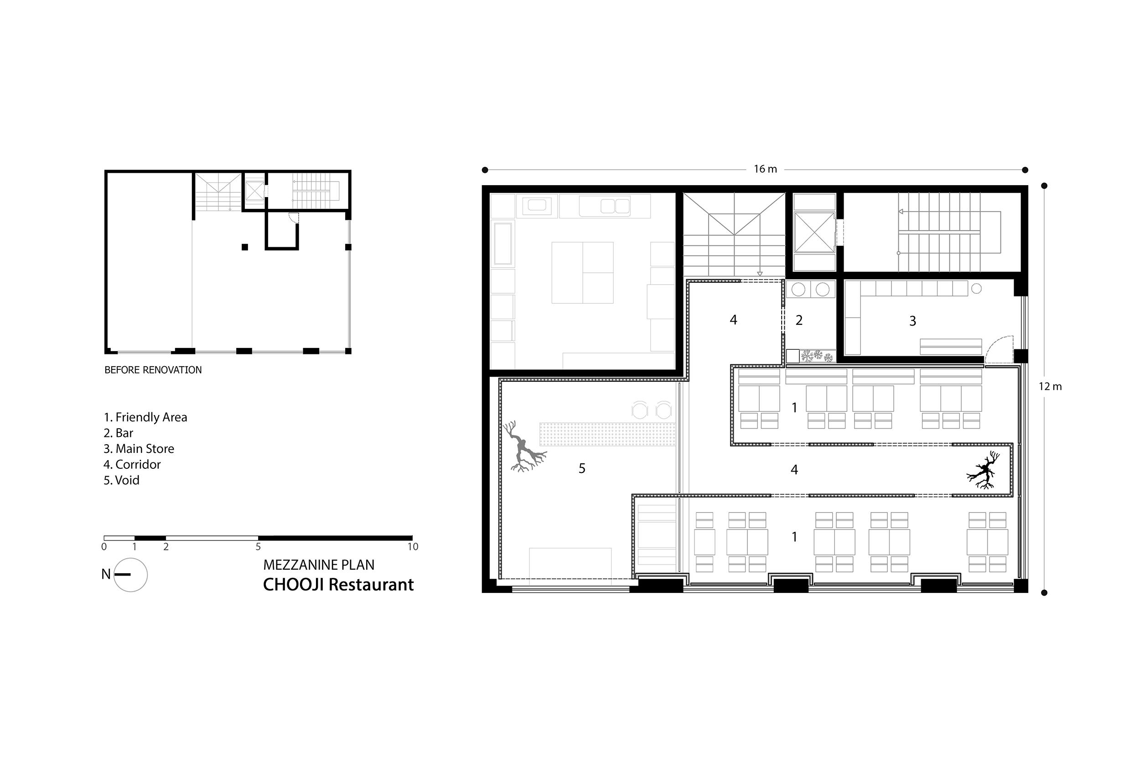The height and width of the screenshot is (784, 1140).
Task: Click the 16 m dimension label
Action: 765,169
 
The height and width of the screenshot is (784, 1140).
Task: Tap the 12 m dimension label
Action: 1050,387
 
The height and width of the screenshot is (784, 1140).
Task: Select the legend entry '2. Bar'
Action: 119,433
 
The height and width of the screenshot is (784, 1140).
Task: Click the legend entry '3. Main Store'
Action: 139,448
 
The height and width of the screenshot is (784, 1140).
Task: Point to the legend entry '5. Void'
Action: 121,480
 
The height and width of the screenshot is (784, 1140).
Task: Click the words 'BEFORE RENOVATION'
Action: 153,370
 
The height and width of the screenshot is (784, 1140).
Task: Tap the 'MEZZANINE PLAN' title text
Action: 319,565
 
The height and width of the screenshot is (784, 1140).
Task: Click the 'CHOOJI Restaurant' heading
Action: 338,585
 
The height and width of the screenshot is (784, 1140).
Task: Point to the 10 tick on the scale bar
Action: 413,546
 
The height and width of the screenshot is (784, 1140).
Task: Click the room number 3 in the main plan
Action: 912,321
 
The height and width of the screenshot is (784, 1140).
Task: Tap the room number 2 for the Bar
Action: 799,320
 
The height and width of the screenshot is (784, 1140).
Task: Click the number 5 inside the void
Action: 582,469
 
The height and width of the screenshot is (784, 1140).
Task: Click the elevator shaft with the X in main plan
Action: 814,232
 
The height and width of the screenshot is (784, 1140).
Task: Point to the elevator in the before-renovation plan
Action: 254,190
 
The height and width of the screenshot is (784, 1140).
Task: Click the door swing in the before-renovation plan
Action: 293,218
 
